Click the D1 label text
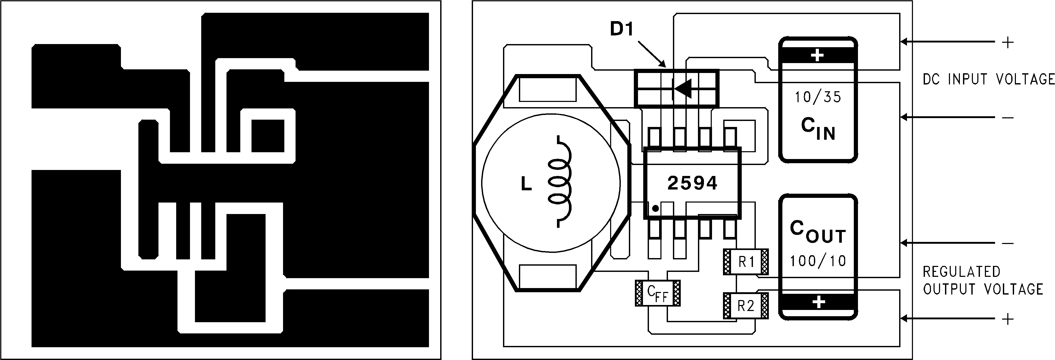point(622,29)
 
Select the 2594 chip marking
point(692,183)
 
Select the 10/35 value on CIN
point(818,97)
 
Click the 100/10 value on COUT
point(818,261)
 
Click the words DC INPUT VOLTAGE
point(988,79)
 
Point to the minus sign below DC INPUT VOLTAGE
point(1008,118)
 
